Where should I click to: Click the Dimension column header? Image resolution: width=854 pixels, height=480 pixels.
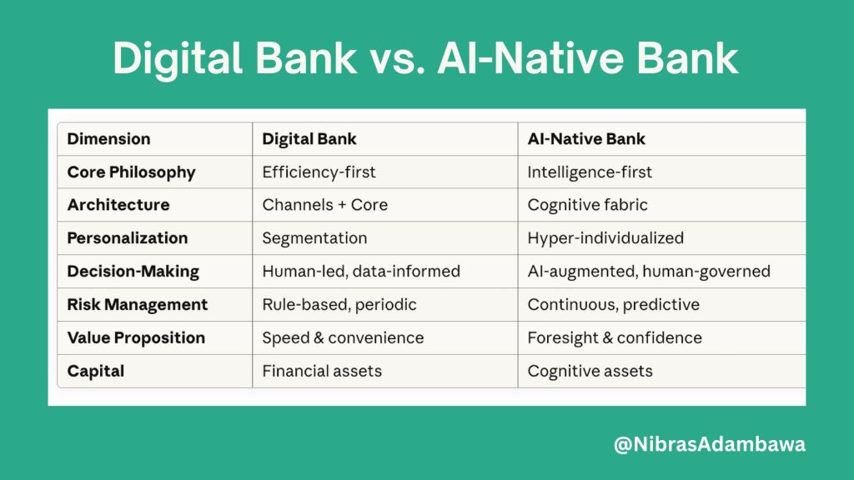tap(108, 139)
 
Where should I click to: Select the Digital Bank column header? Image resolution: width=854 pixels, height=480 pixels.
tap(309, 139)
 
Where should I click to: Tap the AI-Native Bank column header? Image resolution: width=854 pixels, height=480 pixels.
tap(586, 139)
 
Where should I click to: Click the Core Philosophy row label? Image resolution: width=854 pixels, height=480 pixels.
tap(131, 172)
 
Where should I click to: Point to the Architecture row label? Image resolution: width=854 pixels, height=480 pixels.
tap(118, 205)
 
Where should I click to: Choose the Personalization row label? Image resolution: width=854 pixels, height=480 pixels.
tap(127, 238)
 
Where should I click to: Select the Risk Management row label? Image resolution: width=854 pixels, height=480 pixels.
tap(137, 305)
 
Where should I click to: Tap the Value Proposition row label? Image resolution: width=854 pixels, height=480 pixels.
tap(136, 337)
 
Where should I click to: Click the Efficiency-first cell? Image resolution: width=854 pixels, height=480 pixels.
tap(319, 172)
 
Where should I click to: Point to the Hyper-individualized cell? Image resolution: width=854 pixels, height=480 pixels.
tap(605, 238)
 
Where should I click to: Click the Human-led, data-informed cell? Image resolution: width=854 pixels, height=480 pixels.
tap(361, 272)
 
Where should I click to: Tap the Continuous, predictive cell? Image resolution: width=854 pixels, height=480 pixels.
tap(614, 305)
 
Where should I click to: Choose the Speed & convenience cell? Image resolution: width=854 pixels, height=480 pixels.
tap(343, 337)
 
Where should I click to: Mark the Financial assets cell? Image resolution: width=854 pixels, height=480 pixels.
tap(322, 371)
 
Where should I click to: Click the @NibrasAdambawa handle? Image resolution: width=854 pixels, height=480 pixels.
tap(710, 445)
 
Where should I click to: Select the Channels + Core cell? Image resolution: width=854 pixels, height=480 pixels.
tap(324, 205)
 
